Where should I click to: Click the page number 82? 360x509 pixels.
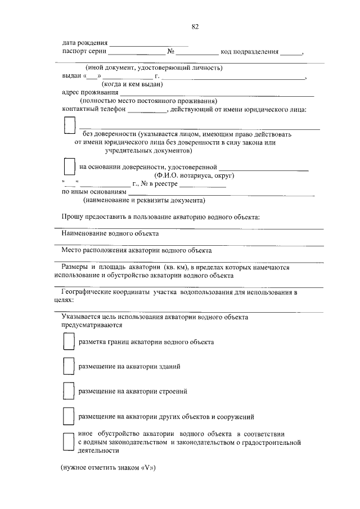point(195,26)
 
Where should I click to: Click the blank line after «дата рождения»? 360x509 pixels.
point(148,44)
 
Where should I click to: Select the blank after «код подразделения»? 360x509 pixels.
point(291,53)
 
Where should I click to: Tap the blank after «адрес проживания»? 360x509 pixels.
point(217,94)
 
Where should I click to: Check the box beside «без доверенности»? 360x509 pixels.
point(69,126)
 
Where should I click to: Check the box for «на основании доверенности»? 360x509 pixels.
point(69,167)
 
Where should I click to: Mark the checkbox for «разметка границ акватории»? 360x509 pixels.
point(68,341)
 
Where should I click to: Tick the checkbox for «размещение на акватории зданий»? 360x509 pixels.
point(68,366)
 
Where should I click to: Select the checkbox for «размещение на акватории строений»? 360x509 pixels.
point(68,390)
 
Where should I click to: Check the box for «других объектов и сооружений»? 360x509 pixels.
point(68,416)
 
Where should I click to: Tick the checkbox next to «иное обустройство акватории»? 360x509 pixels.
point(68,443)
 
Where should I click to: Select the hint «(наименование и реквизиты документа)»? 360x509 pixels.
point(144,200)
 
